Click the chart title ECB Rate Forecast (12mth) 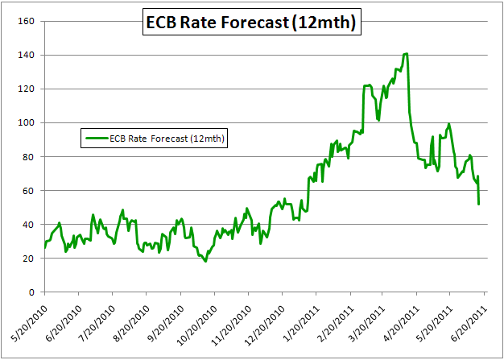click(x=251, y=23)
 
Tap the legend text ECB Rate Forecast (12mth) click(x=167, y=139)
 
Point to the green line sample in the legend click(x=95, y=139)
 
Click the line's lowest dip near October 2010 click(x=205, y=261)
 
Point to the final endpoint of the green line click(x=479, y=204)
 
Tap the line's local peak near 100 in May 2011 click(x=449, y=124)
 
